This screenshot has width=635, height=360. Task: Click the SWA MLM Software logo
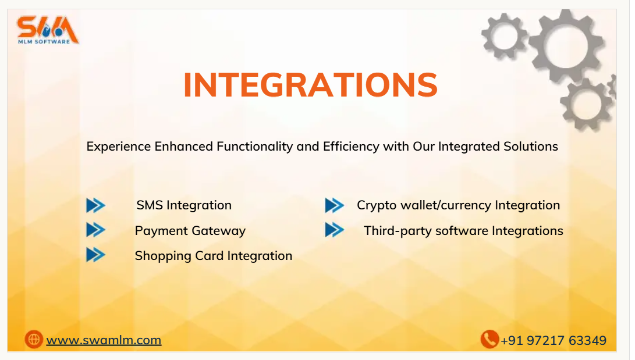coord(48,30)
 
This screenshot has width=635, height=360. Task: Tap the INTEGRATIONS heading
coord(310,85)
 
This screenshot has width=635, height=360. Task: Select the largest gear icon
coord(566,46)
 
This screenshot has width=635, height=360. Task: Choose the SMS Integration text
coord(184,205)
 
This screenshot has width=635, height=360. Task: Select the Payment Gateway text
coord(190,230)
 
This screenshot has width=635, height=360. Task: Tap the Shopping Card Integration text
coord(214,256)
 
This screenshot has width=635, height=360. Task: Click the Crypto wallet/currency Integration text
coord(458,205)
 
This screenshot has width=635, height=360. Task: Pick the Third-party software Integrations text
coord(463,230)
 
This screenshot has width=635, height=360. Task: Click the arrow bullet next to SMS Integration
coord(95,205)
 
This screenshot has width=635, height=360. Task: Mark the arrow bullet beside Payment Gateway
coord(95,230)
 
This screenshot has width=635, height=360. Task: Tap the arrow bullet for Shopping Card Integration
coord(95,255)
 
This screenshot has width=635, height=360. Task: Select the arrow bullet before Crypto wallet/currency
coord(334,205)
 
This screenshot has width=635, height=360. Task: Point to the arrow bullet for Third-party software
coord(334,230)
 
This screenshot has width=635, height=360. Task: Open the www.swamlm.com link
coord(104,340)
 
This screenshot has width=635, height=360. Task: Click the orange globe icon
coord(34,340)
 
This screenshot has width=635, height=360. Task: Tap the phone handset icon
coord(489,339)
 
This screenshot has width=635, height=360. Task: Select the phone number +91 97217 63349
coord(554,341)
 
